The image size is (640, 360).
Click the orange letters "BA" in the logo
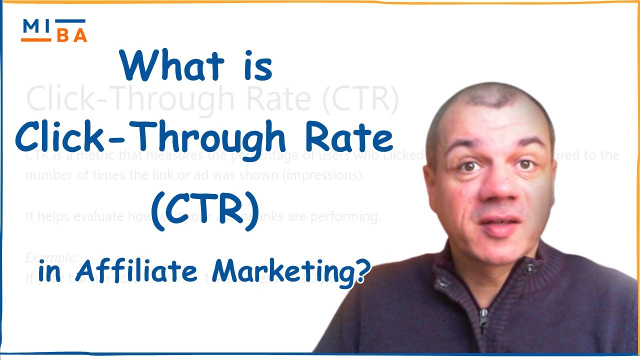71,36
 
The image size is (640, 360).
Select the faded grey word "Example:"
52,257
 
